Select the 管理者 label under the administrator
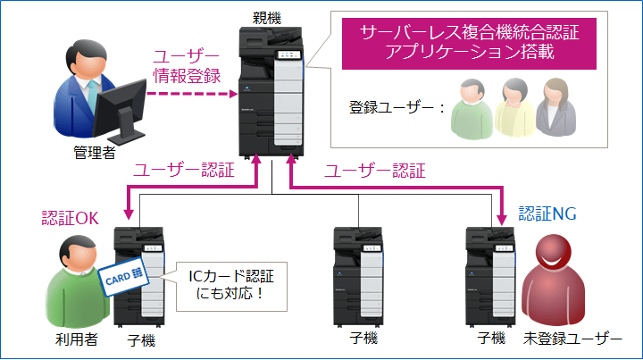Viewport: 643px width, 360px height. coord(94,153)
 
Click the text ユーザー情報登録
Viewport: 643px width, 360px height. coord(186,64)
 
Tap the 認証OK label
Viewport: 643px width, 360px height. coord(72,217)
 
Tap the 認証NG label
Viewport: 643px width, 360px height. coord(547,215)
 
